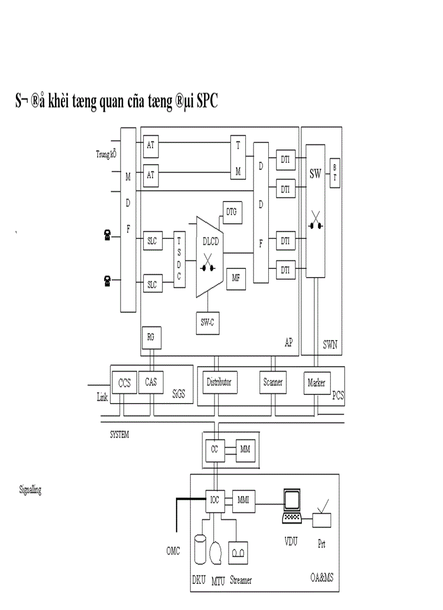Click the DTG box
point(232,211)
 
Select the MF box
point(236,278)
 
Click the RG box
point(150,337)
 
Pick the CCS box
point(124,382)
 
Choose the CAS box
point(151,382)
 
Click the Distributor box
point(219,382)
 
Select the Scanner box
point(273,382)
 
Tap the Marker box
point(316,383)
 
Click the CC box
point(214,450)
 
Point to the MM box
point(244,450)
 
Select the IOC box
point(214,500)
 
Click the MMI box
point(243,500)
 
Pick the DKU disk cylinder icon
point(200,549)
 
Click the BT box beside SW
point(334,173)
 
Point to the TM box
point(238,158)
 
